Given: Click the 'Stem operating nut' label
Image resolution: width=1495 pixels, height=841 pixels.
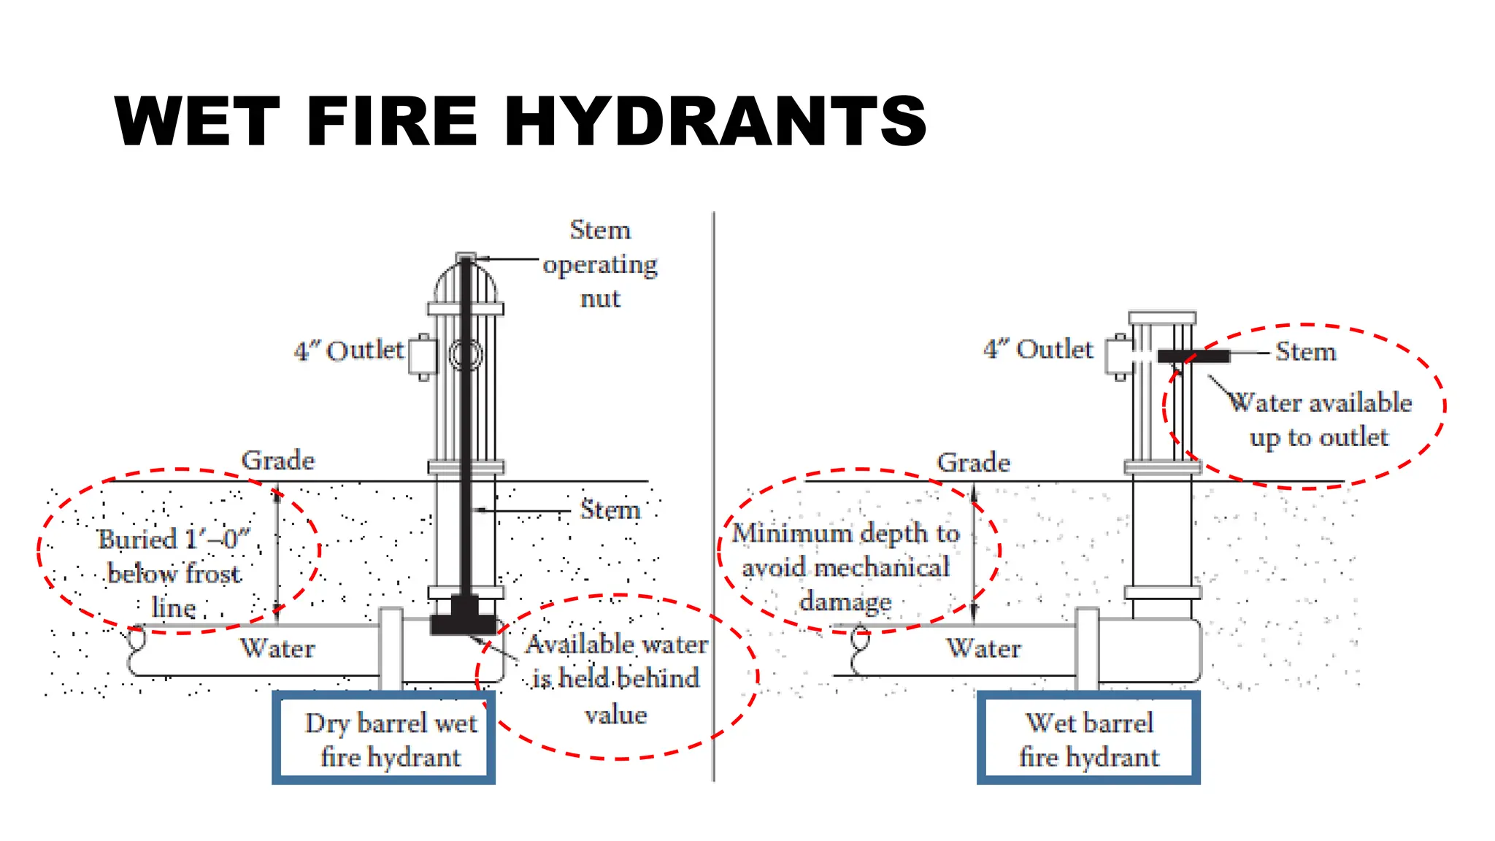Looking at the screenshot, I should pos(600,264).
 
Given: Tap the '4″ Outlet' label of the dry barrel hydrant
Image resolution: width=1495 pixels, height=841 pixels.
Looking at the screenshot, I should pos(348,351).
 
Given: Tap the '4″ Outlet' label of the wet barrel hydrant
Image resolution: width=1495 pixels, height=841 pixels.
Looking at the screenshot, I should pos(1038,350).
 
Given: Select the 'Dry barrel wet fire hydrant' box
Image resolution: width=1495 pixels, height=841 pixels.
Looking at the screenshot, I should pos(384,738).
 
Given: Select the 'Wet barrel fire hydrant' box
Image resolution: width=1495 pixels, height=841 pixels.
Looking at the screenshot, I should pos(1088,738).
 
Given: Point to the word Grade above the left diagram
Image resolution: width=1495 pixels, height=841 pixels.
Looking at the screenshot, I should pos(278,461).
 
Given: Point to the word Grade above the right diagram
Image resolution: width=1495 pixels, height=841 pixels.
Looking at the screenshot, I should pos(973,463).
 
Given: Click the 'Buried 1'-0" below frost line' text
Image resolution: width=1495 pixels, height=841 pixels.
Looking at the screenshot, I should pos(174,574).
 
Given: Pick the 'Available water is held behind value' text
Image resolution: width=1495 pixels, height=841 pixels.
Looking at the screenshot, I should pos(616,679).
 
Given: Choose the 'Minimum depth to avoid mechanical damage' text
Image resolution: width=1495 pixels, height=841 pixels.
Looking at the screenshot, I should pos(845,567).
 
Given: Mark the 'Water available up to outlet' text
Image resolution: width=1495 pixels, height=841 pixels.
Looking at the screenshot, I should pos(1320,420).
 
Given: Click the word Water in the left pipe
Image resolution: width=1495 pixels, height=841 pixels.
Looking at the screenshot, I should pos(277,648).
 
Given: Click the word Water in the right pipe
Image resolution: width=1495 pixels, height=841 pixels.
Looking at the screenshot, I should pos(983,648).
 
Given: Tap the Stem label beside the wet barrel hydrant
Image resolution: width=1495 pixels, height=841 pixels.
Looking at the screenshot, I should pos(1305,352).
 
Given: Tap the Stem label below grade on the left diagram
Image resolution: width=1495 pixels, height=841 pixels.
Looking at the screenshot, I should pos(610,510).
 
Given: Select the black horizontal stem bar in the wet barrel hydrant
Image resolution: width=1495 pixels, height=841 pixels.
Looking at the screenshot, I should pos(1193,356).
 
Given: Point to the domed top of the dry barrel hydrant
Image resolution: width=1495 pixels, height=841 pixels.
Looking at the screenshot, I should pos(466,281).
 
